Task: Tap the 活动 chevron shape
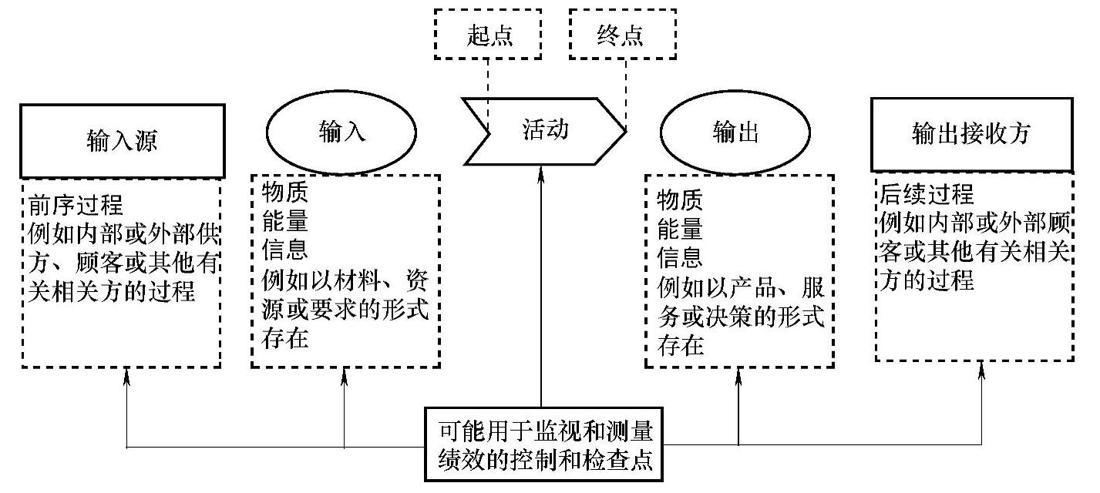pyautogui.click(x=544, y=131)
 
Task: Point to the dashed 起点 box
pyautogui.click(x=487, y=35)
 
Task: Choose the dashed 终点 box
pyautogui.click(x=621, y=35)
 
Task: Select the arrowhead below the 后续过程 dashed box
pyautogui.click(x=981, y=371)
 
